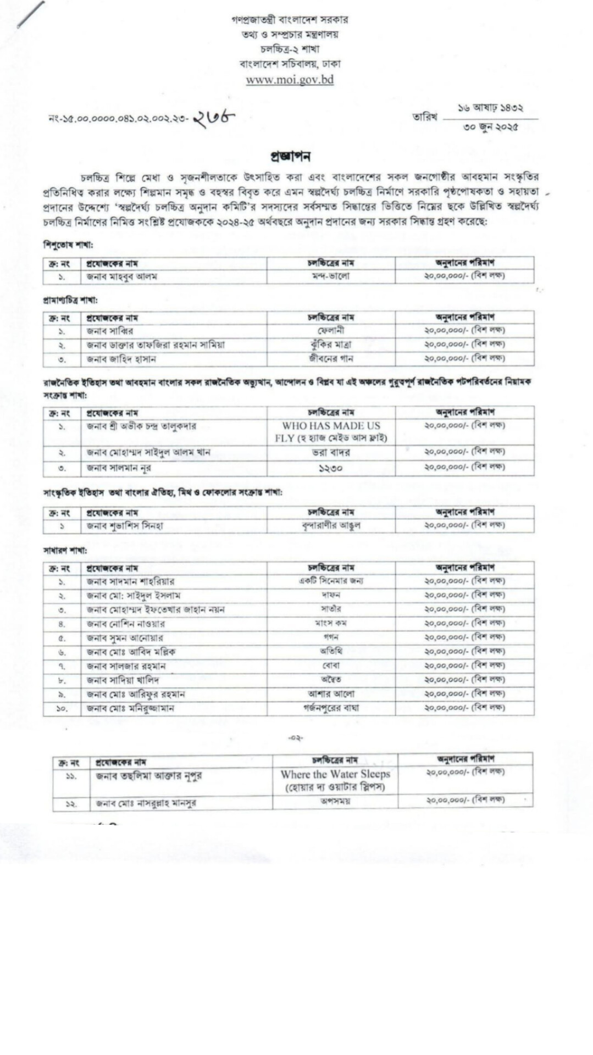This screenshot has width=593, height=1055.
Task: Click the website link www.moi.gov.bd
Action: coord(290,79)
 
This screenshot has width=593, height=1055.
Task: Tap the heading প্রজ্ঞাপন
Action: coord(290,156)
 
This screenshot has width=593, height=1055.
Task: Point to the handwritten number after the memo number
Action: coord(214,118)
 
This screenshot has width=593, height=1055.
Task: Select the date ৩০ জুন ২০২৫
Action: coord(491,127)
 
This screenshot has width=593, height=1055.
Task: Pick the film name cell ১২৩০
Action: coord(331,468)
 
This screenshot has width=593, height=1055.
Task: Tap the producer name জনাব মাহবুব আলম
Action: coord(121,276)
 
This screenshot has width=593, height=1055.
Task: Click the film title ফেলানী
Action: coord(331,331)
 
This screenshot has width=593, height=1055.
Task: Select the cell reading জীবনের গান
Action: coord(331,359)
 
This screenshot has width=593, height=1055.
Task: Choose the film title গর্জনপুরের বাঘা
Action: coord(331,708)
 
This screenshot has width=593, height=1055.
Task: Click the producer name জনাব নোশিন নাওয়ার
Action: coord(125,624)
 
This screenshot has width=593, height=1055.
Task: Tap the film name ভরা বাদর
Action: coord(331,453)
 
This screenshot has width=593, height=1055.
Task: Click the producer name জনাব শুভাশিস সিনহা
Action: coord(125,526)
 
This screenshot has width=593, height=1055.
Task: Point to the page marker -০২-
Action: coord(296,738)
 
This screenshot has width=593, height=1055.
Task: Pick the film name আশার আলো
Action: coord(331,694)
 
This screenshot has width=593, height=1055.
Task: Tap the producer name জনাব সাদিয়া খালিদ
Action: coord(123,680)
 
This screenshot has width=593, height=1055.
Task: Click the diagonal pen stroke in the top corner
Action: coord(31,14)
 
